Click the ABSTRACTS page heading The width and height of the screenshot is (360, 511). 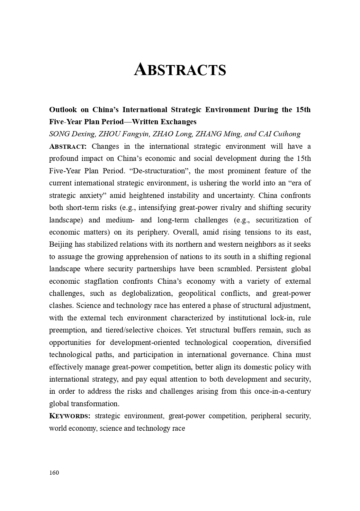click(180, 70)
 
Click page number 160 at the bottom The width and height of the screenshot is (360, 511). click(54, 473)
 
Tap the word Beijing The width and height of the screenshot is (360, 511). click(61, 244)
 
